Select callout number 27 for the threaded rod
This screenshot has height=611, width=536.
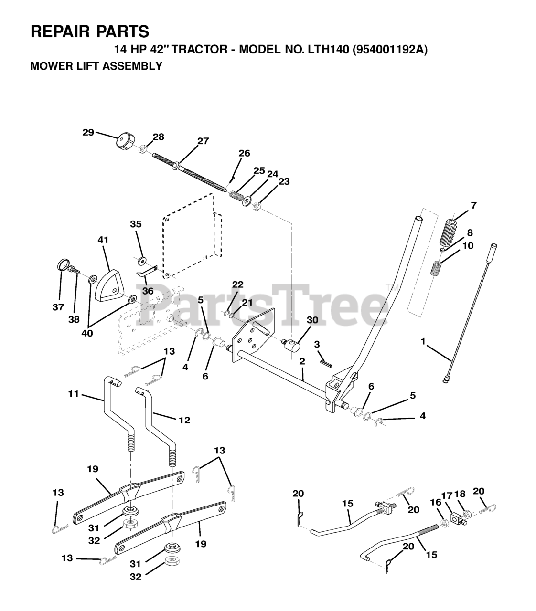click(203, 141)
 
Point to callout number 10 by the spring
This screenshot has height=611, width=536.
click(468, 246)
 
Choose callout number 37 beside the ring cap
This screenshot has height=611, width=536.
click(58, 307)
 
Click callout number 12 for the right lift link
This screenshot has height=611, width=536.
click(184, 420)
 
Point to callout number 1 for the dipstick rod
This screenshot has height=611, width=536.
click(423, 342)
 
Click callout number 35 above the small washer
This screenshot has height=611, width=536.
click(136, 224)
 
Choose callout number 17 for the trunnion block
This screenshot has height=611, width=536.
click(446, 495)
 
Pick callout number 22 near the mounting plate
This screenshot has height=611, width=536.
click(237, 284)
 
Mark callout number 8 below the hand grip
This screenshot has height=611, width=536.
click(470, 232)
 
